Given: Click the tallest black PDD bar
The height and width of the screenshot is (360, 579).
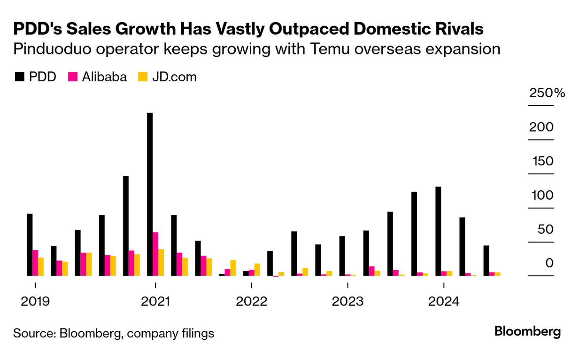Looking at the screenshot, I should pos(150,194).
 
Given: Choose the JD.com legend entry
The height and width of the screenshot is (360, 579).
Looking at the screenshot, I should pos(167,77).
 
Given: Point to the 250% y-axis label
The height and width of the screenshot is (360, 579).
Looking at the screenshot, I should pos(547,93).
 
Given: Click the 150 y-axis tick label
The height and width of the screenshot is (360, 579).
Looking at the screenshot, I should pos(543,162).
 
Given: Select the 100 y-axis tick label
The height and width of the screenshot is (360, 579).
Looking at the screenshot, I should pos(543,196).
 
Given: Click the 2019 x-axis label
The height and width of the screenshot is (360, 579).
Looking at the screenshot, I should pos(35,301).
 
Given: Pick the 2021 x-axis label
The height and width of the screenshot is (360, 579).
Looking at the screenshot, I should pos(155,301).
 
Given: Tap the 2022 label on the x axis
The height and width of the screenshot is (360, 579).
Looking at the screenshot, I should pos(252,301).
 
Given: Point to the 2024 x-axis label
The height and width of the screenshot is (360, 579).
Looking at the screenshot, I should pos(443,301).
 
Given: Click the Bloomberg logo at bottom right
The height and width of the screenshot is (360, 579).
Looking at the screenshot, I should pos(527,332).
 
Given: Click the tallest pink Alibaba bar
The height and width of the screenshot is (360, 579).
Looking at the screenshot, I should pos(155,254).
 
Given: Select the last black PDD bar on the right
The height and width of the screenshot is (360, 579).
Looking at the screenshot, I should pos(486,260).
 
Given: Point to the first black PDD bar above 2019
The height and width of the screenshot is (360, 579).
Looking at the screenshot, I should pos(30,245).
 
